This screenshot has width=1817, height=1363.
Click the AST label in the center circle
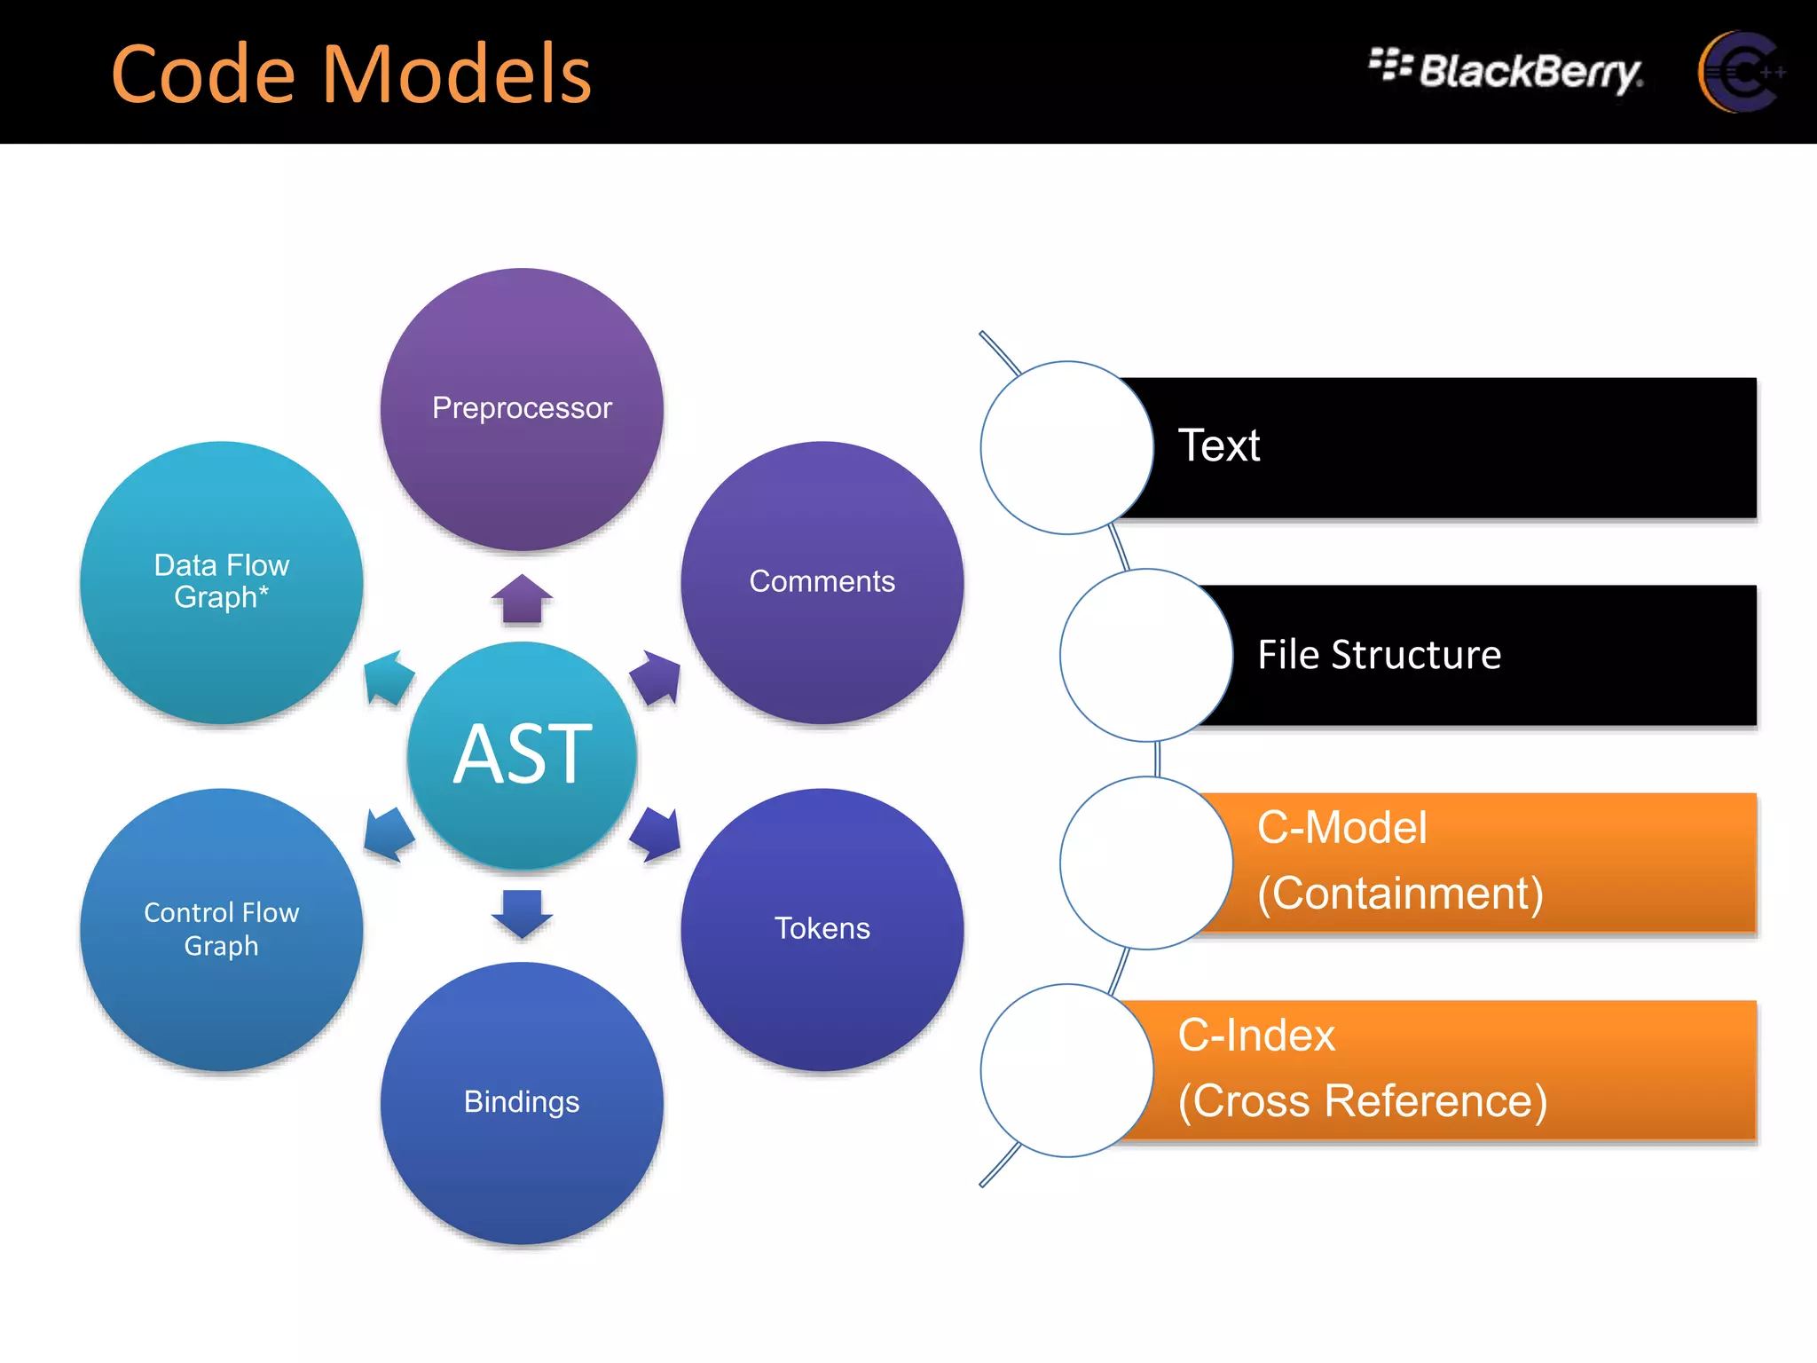click(x=522, y=754)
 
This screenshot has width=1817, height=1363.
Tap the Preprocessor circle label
click(x=522, y=408)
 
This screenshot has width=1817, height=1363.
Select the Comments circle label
click(x=822, y=581)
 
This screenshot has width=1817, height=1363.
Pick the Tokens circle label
click(x=822, y=928)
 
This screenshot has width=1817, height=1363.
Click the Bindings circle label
click(x=522, y=1101)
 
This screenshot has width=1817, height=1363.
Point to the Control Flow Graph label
click(x=222, y=928)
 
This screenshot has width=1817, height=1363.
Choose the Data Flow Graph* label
click(x=222, y=581)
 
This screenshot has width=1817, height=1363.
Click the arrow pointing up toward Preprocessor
click(x=522, y=599)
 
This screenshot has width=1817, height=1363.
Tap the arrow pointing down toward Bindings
click(x=522, y=913)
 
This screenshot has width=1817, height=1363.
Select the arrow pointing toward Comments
click(x=657, y=677)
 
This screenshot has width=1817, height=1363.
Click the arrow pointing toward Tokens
click(x=657, y=834)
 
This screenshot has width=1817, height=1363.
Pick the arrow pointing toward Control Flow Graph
click(x=388, y=834)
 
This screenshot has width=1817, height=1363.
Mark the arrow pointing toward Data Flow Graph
click(x=388, y=677)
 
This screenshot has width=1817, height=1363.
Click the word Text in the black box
click(x=1218, y=445)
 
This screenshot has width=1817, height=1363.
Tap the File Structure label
click(x=1379, y=655)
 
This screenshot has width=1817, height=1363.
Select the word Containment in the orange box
click(x=1400, y=894)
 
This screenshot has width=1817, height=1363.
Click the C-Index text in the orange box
click(x=1255, y=1036)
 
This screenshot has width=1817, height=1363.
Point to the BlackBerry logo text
click(x=1530, y=71)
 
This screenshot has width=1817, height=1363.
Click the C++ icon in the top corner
click(x=1739, y=71)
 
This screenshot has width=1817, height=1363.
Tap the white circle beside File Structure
click(x=1146, y=655)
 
